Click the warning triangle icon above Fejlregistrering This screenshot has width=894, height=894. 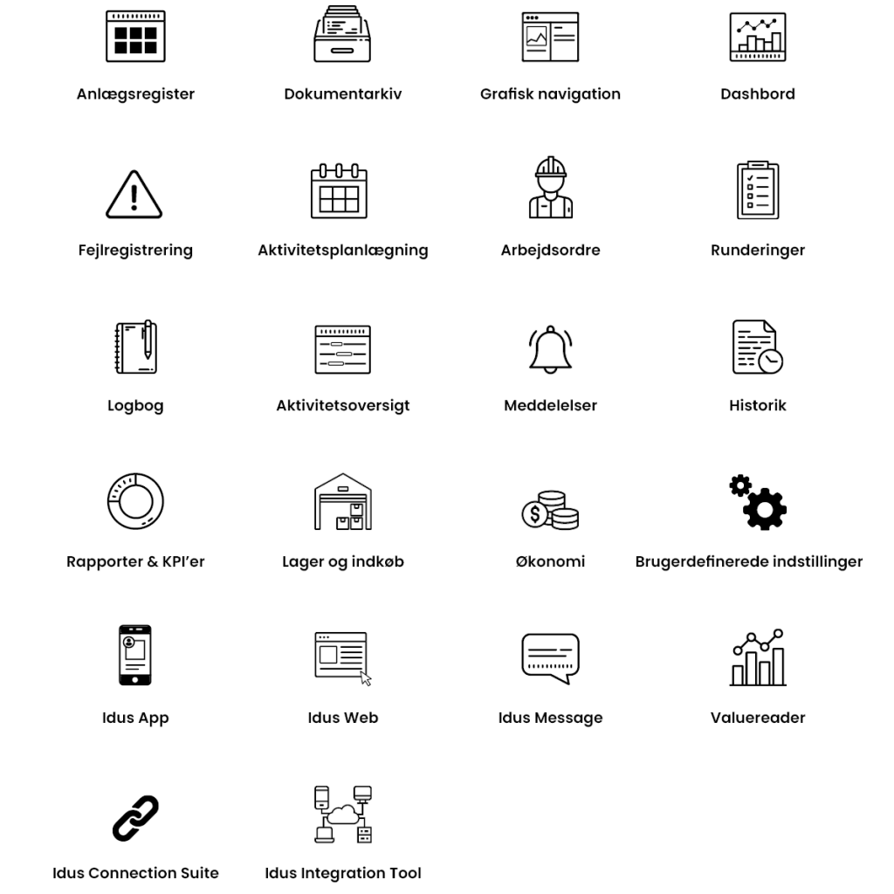click(x=135, y=194)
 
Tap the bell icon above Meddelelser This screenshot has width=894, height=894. click(x=550, y=349)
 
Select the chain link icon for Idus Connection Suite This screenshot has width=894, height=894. click(x=135, y=817)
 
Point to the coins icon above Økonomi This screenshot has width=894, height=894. click(x=550, y=510)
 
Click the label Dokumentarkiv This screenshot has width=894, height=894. click(x=342, y=94)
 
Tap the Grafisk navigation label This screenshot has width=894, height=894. click(x=550, y=94)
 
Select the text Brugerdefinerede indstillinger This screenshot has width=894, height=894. click(x=748, y=561)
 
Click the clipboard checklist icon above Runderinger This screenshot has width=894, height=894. click(x=757, y=190)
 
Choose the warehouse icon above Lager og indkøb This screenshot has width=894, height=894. click(x=342, y=502)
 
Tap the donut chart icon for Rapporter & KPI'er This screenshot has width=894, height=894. click(x=135, y=502)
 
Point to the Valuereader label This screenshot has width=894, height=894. click(x=757, y=718)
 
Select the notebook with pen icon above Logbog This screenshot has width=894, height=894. click(x=135, y=347)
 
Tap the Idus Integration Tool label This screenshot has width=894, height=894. click(x=342, y=873)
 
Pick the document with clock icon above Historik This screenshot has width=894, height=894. click(x=757, y=347)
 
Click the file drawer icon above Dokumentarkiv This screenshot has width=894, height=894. click(x=342, y=35)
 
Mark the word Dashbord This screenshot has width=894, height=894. click(x=757, y=94)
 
